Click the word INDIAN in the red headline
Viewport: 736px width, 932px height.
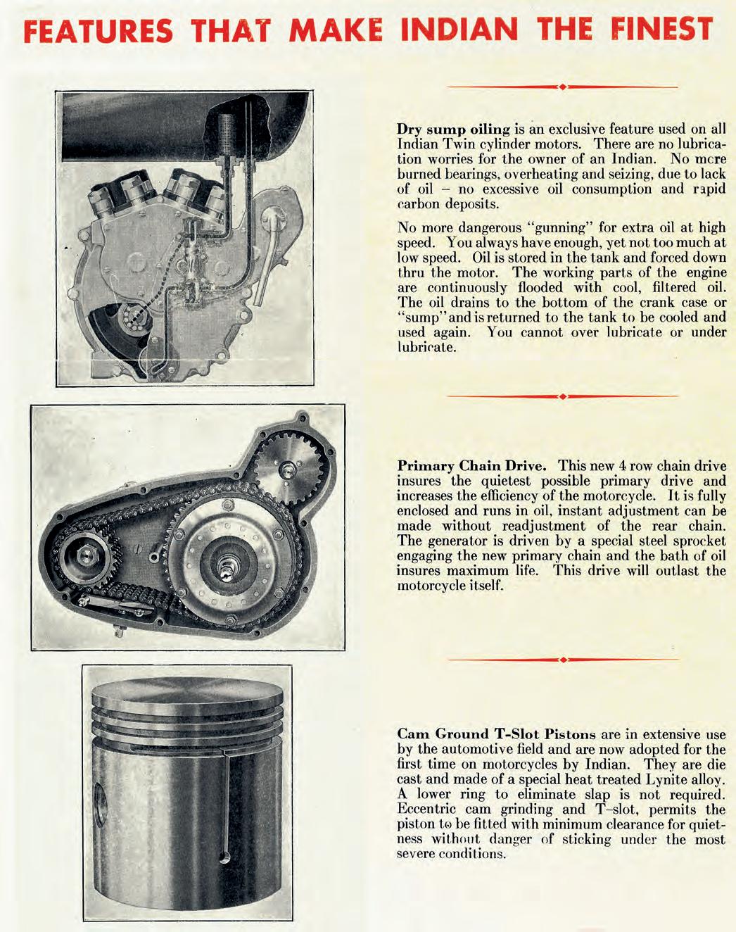(x=459, y=30)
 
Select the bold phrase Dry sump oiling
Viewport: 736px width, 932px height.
(x=453, y=130)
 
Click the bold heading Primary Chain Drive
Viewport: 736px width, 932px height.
(x=471, y=466)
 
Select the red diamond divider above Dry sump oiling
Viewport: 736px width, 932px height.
(x=562, y=87)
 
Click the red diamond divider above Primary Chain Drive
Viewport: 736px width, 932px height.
(x=562, y=396)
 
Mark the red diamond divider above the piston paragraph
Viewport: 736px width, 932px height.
(x=562, y=660)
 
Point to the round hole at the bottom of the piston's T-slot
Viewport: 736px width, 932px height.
(x=224, y=857)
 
